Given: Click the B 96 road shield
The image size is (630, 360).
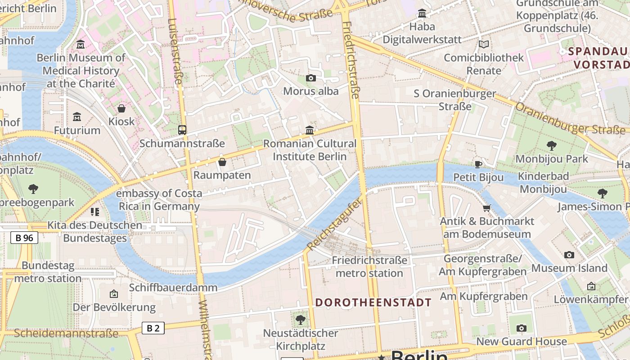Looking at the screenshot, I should point(24,238).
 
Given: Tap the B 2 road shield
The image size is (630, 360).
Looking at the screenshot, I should point(153,328).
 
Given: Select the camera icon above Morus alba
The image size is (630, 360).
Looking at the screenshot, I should point(310,78).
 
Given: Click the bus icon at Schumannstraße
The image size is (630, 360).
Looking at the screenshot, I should point(182,130).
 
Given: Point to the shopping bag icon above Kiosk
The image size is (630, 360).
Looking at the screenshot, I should point(121,108).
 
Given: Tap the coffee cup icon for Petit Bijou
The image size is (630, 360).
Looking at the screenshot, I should point(478,164).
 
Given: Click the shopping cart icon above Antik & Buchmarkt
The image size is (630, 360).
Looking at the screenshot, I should point(486,208).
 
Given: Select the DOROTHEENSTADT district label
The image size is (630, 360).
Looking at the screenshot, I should point(373,302).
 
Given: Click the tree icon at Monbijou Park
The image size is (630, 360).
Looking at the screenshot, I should point(551,146).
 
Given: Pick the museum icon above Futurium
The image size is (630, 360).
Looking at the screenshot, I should point(77,117).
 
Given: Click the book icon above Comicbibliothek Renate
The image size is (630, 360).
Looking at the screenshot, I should point(483,45).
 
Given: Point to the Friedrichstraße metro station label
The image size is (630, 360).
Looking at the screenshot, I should point(369,266).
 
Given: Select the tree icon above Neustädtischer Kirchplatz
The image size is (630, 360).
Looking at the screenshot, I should point(300,320).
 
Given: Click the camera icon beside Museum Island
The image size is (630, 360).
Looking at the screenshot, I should point(569,255).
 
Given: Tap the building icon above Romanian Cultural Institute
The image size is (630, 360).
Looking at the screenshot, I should point(310,130).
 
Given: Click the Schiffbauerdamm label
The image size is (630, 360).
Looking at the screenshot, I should point(173,288).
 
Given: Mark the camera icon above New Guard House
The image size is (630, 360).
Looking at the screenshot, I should point(521,328).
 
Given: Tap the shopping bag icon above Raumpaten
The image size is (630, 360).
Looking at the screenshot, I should point(222,162).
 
